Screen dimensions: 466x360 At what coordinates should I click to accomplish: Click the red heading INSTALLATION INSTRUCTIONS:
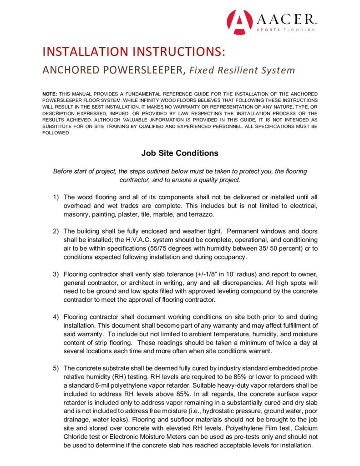pyautogui.click(x=133, y=51)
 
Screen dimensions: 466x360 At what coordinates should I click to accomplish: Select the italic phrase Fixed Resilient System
pyautogui.click(x=242, y=71)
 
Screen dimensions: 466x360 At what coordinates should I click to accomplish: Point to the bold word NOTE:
pyautogui.click(x=50, y=93)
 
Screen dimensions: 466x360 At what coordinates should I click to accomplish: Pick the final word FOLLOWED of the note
pyautogui.click(x=56, y=133)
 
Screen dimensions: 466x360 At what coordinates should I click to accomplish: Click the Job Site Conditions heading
pyautogui.click(x=180, y=153)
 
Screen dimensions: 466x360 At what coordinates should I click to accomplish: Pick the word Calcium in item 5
pyautogui.click(x=307, y=428)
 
